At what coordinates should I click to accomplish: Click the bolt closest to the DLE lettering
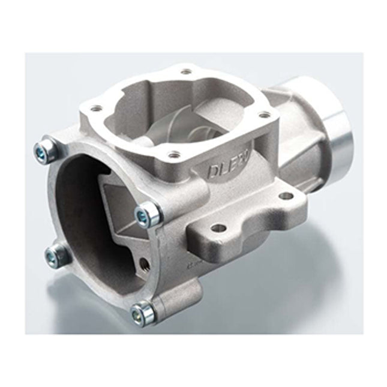coord(149,213)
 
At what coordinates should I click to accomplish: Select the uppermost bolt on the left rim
coord(45,147)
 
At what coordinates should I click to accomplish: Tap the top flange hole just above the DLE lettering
coord(173,155)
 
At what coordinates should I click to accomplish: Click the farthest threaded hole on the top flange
coord(186,72)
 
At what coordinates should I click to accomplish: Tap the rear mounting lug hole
coord(286,196)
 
